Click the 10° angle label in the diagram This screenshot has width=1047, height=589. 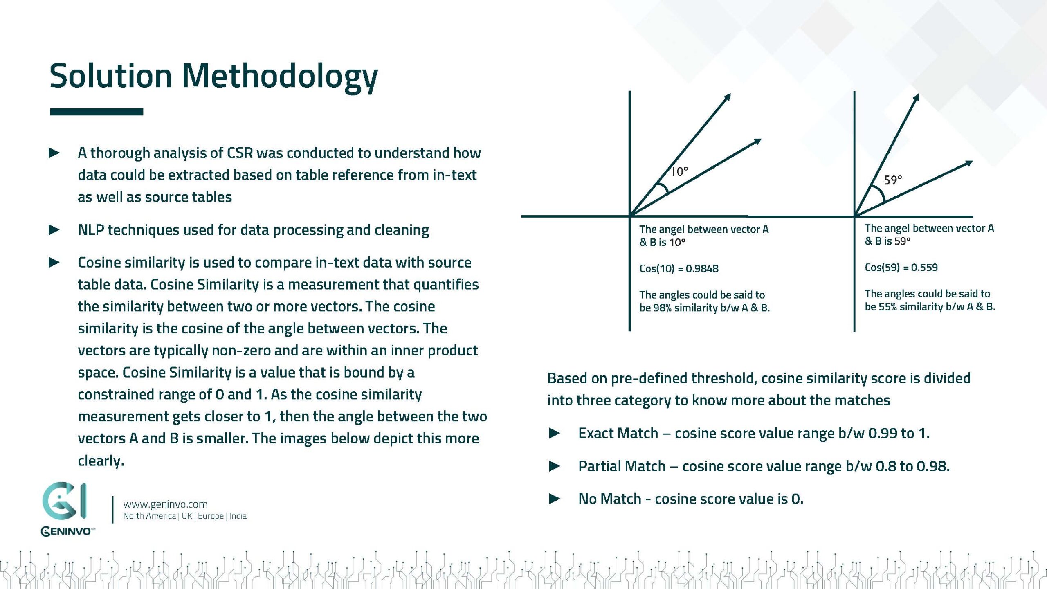tap(679, 171)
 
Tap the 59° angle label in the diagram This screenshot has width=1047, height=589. tap(893, 180)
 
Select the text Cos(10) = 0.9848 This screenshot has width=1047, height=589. tap(679, 269)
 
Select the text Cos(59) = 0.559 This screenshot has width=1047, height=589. tap(901, 268)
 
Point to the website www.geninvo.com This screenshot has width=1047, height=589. tap(165, 504)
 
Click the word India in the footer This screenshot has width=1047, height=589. tap(238, 516)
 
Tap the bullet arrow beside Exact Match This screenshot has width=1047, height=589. tap(555, 433)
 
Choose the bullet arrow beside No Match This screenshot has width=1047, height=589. tap(555, 499)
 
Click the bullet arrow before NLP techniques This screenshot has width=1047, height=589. tap(54, 230)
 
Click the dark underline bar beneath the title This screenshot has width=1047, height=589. tap(97, 112)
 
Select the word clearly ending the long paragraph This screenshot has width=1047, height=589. tap(101, 461)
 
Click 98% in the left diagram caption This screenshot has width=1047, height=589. tap(662, 308)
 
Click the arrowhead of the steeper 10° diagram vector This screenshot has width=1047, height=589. tap(728, 97)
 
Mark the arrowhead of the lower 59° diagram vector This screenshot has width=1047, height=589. tap(969, 163)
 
